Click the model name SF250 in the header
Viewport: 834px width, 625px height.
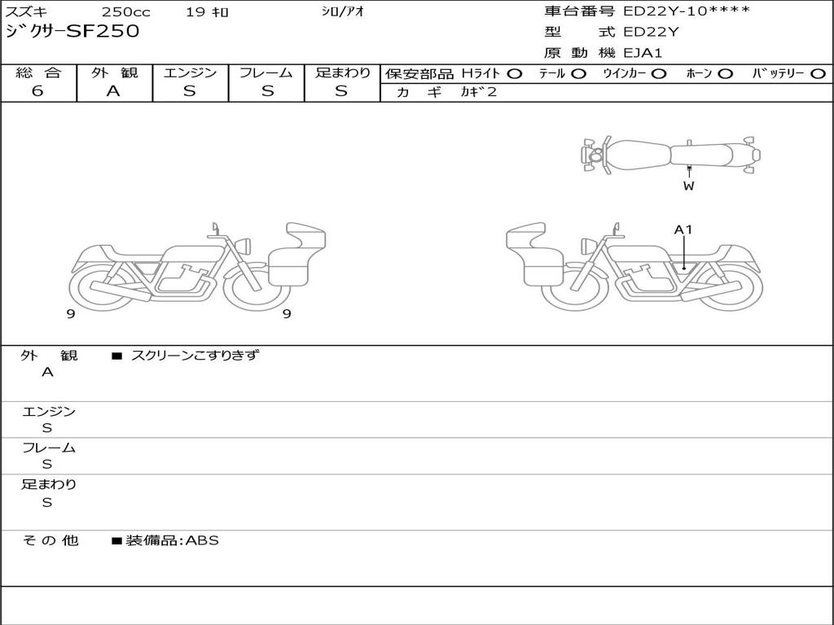(x=103, y=31)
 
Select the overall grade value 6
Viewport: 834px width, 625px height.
(x=37, y=90)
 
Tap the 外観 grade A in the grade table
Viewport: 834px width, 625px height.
(x=113, y=91)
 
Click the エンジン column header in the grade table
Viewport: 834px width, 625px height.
(x=190, y=72)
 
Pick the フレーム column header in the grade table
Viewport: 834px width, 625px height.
(x=266, y=72)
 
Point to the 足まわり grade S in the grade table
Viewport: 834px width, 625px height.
(x=341, y=91)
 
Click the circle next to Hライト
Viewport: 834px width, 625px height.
(x=515, y=74)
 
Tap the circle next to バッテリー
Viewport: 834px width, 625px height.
(x=818, y=74)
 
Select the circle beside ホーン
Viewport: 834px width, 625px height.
(x=725, y=74)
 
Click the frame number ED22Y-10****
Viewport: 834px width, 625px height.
(x=687, y=11)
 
